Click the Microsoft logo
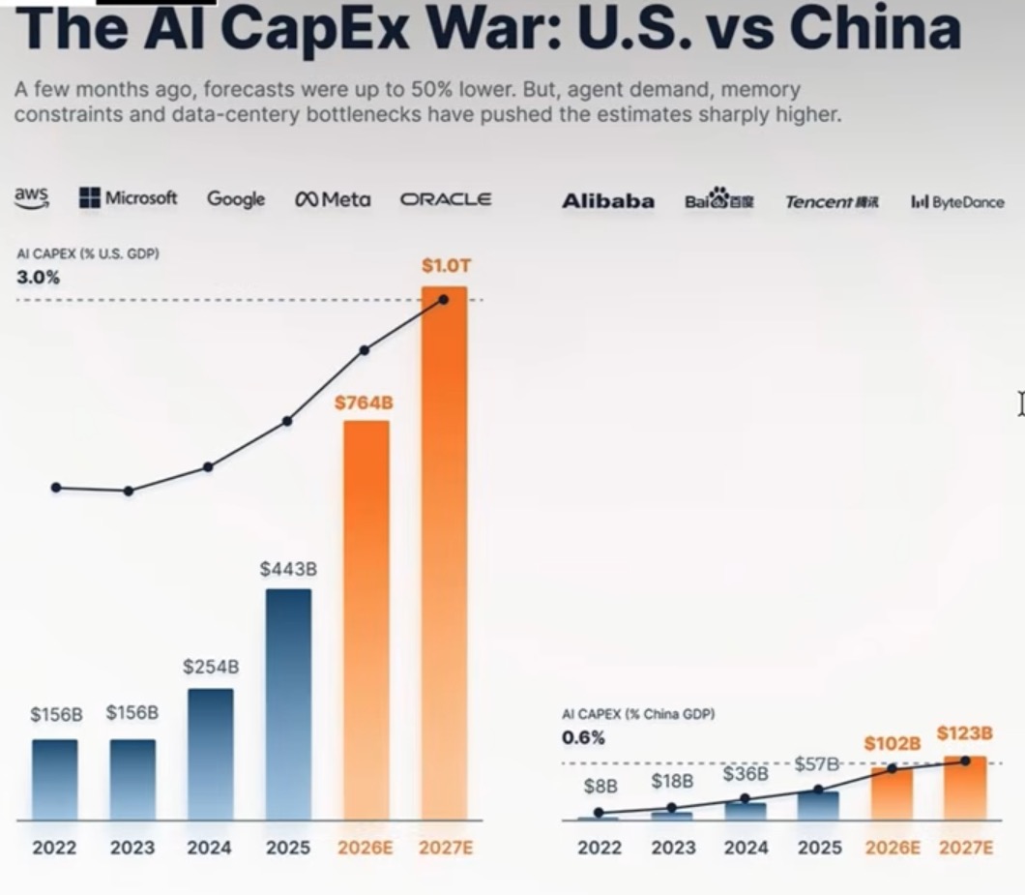tap(128, 197)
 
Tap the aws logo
tap(31, 197)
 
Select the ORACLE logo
tap(445, 199)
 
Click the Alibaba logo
tap(608, 201)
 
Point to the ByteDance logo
tap(957, 202)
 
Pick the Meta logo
tap(333, 199)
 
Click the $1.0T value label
tap(446, 265)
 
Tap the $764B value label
tap(365, 403)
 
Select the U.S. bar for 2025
tap(288, 704)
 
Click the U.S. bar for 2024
tap(211, 755)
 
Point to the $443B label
tap(288, 569)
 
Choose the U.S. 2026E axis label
tap(366, 848)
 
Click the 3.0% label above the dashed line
tap(38, 278)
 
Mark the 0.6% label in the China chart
tap(583, 738)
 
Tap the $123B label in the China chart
tap(965, 733)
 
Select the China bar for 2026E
tap(892, 794)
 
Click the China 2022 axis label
tap(600, 848)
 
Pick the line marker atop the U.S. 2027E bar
tap(443, 300)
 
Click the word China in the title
tap(875, 28)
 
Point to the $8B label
tap(600, 786)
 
